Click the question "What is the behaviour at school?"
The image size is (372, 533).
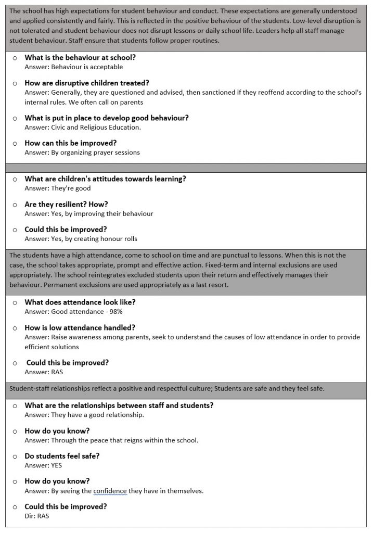coord(80,58)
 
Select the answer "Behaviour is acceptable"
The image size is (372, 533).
coord(74,67)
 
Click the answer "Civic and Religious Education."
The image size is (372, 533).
coord(83,127)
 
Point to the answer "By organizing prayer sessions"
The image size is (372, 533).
coord(82,153)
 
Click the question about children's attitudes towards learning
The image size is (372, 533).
coord(106,179)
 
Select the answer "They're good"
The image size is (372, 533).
coord(58,188)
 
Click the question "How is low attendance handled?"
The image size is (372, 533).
coord(80,327)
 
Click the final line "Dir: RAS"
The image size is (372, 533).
coord(37,516)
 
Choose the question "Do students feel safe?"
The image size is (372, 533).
coord(62,456)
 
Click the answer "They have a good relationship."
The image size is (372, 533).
coord(84,415)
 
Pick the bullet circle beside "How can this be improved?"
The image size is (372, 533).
coord(15,143)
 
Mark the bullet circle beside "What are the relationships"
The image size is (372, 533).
coord(15,406)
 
